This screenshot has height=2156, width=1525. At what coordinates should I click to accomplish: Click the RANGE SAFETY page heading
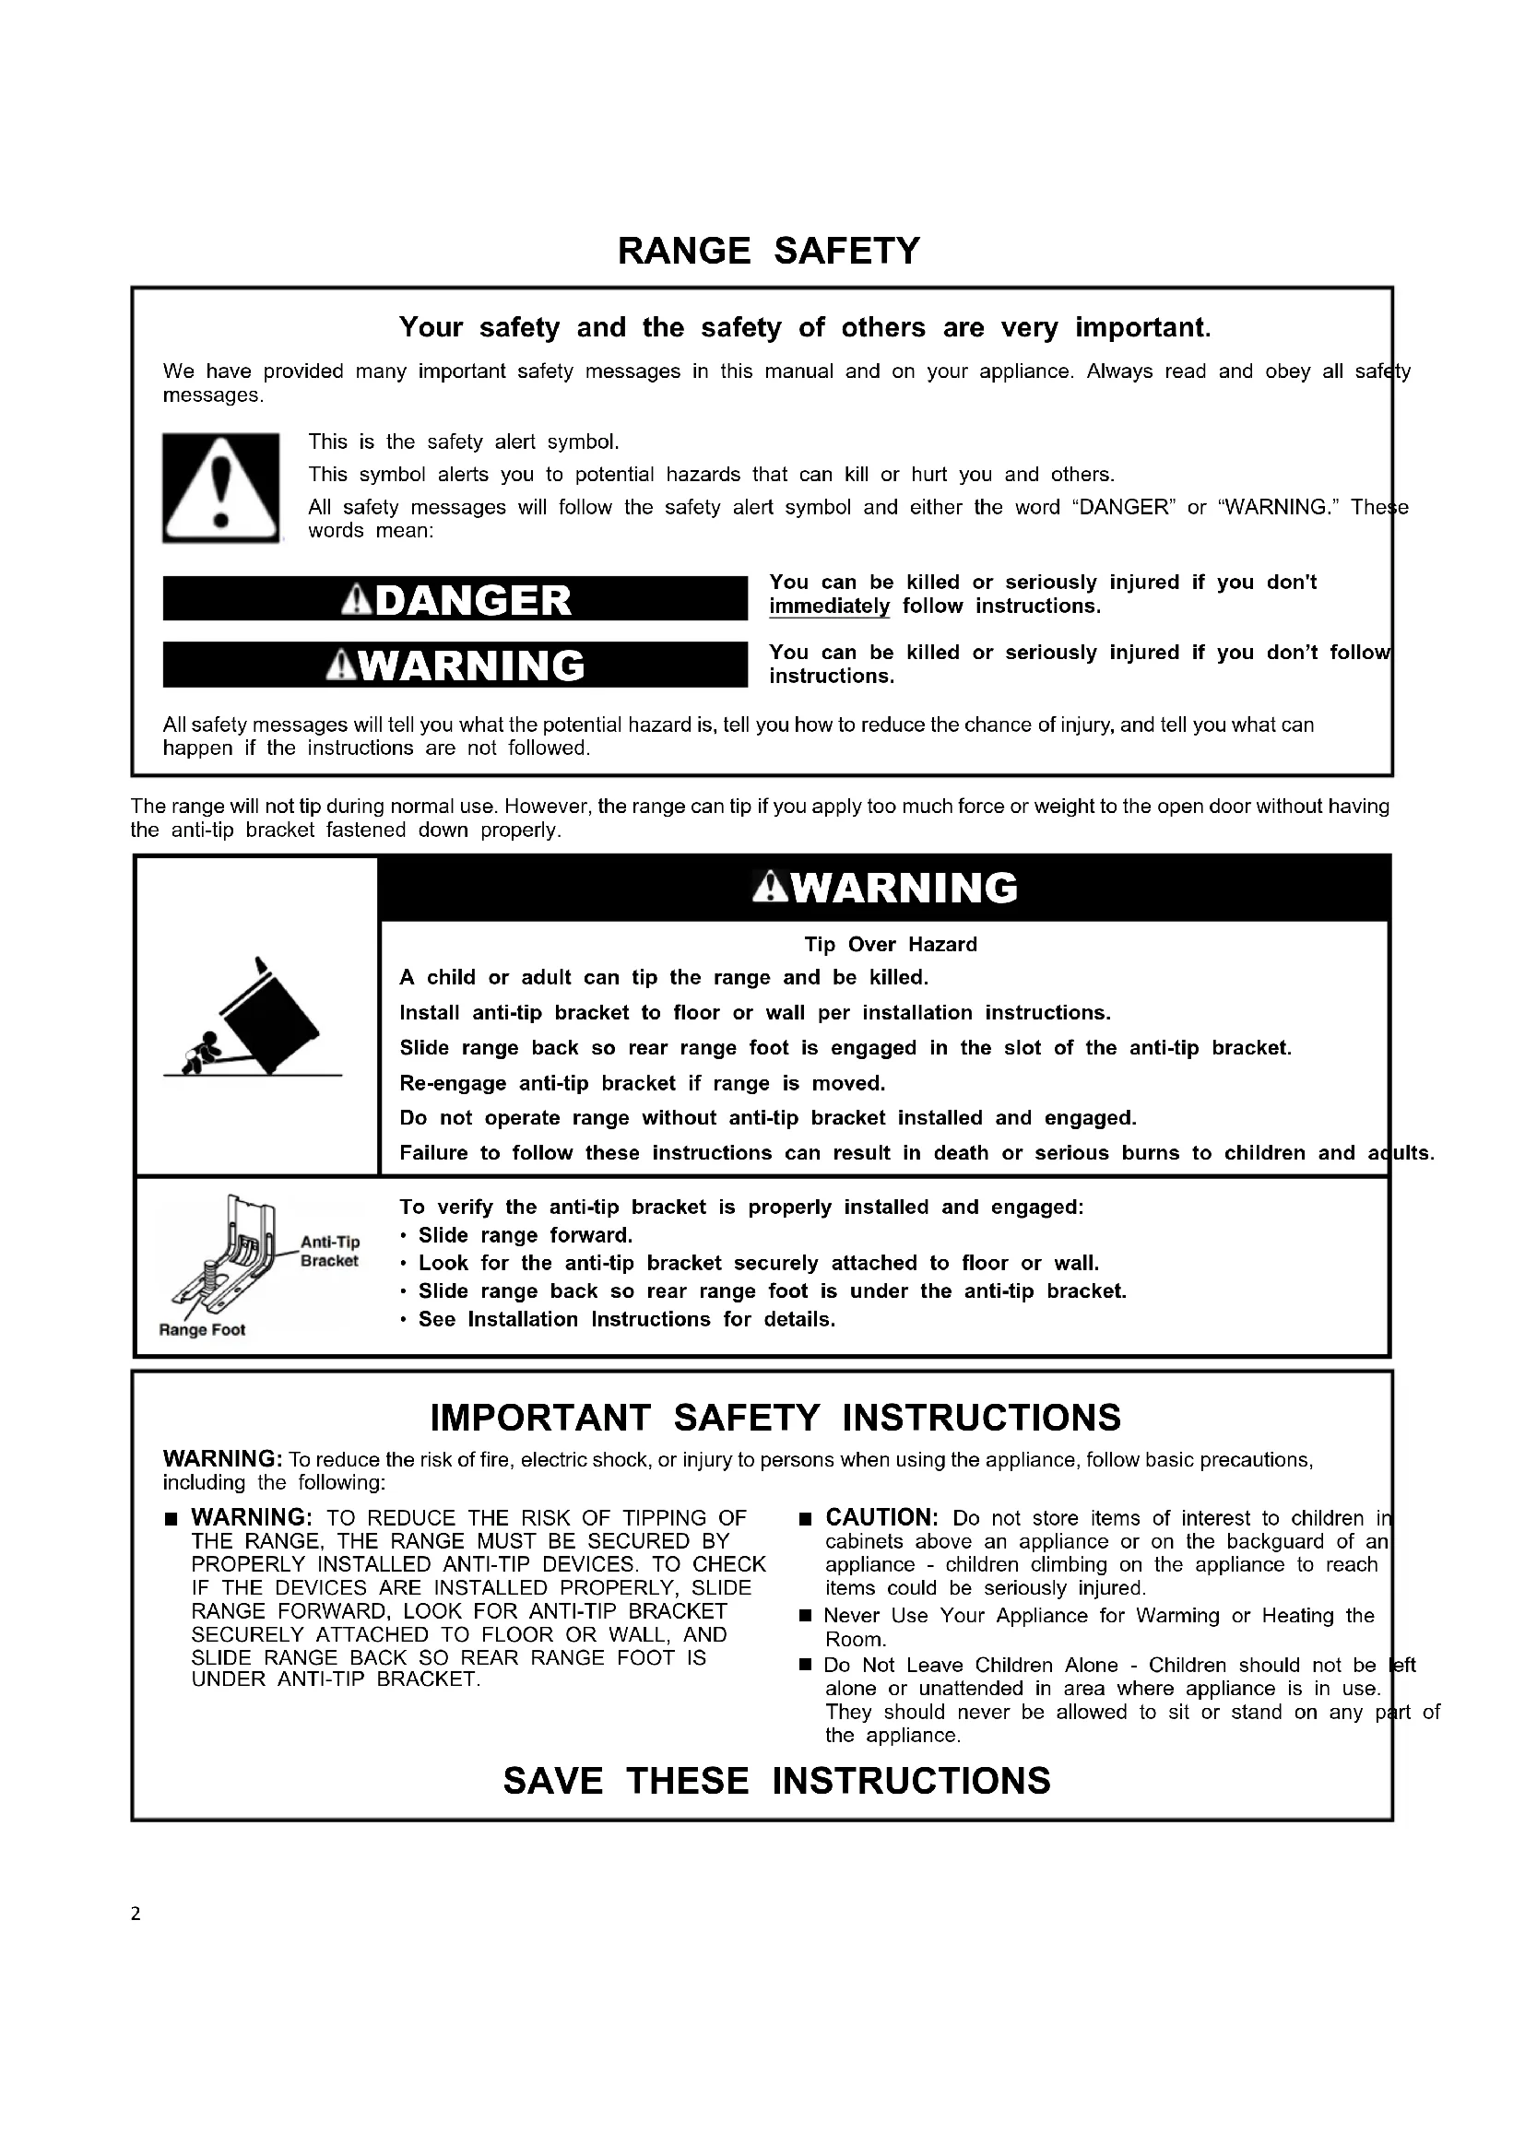tap(768, 252)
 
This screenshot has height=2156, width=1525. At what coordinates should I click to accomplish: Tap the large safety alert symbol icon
tap(220, 488)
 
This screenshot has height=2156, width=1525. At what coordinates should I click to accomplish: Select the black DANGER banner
tap(455, 599)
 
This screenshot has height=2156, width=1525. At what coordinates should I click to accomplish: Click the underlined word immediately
tap(829, 607)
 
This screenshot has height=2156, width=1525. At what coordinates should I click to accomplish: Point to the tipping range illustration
tap(254, 1019)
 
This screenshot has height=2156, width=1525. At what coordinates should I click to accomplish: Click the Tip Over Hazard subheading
tap(891, 945)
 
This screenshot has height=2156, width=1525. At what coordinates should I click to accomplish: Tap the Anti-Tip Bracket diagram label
tap(329, 1252)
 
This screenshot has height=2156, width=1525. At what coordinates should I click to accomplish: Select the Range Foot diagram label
tap(202, 1330)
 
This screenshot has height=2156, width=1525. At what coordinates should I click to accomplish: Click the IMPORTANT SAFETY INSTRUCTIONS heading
tap(774, 1418)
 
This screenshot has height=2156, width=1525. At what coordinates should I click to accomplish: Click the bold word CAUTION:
tap(881, 1517)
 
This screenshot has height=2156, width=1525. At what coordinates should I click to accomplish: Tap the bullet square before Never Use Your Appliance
tap(805, 1616)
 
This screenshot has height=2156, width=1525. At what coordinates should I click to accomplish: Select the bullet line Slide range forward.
tap(525, 1236)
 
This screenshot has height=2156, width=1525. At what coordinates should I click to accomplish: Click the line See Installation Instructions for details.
tap(626, 1319)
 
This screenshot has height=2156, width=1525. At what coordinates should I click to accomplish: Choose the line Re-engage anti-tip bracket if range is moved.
tap(643, 1084)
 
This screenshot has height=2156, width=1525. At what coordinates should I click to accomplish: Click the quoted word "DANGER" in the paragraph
tap(1123, 508)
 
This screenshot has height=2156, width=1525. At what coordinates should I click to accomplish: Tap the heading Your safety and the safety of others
tap(805, 328)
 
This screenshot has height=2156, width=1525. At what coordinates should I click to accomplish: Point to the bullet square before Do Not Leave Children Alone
tap(805, 1666)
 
